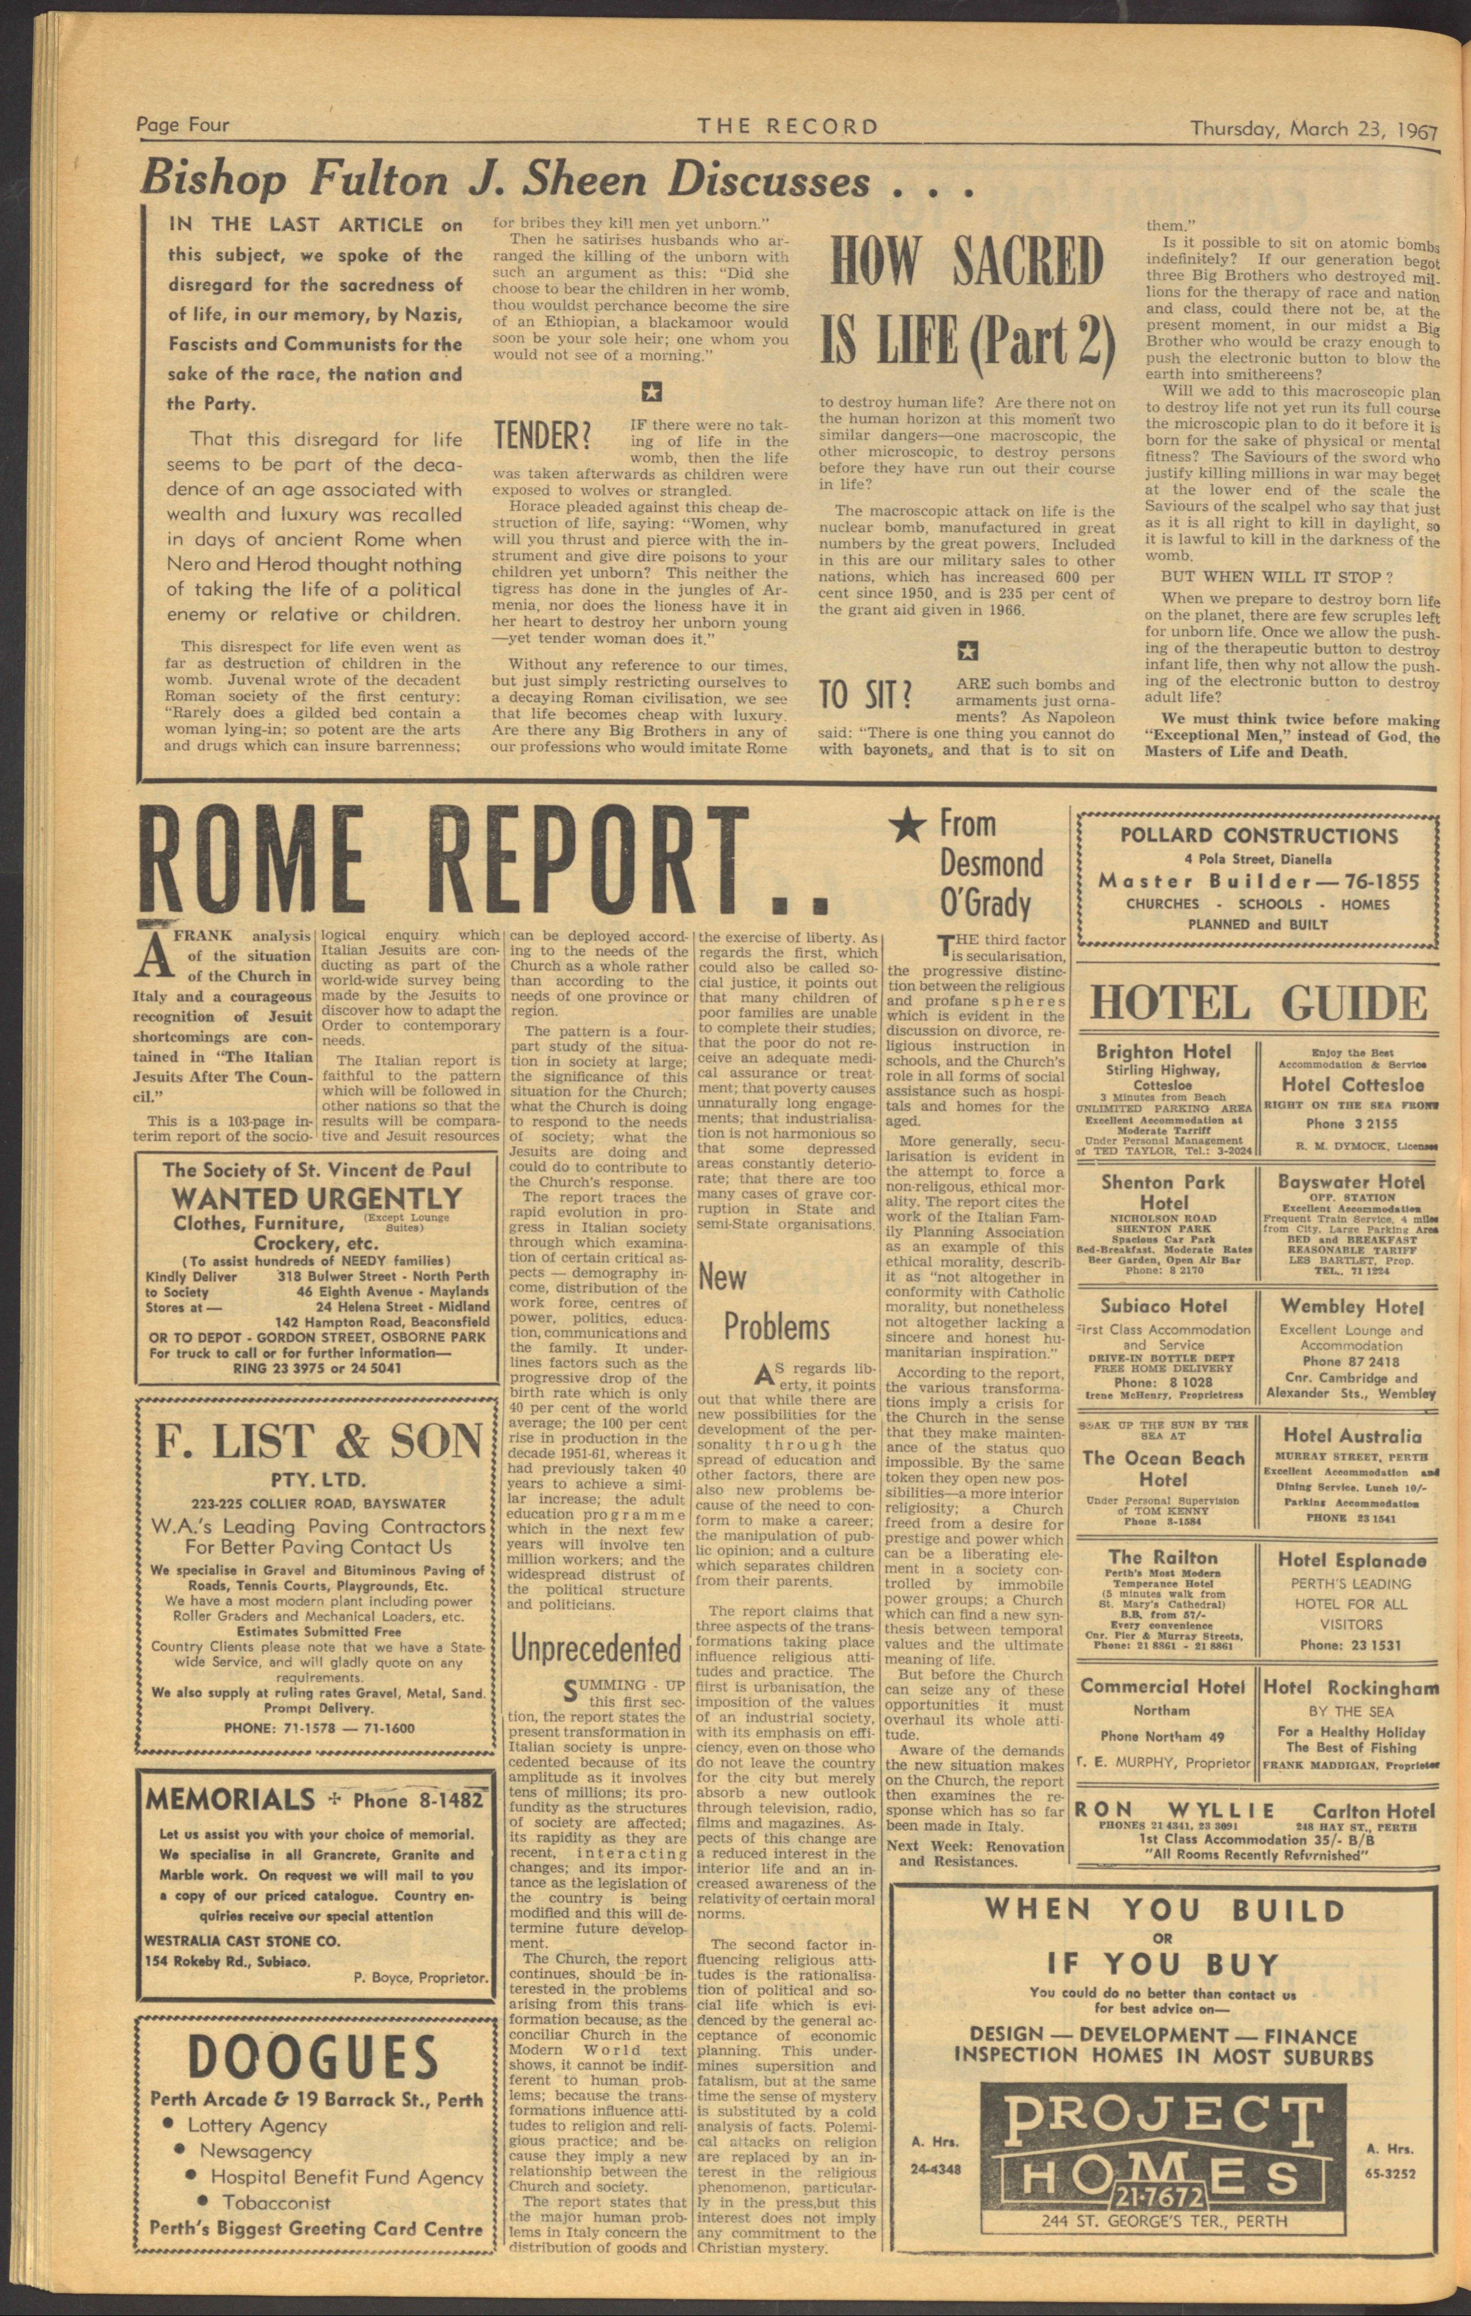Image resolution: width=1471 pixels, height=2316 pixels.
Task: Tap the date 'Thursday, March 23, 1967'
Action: [x=1312, y=128]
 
